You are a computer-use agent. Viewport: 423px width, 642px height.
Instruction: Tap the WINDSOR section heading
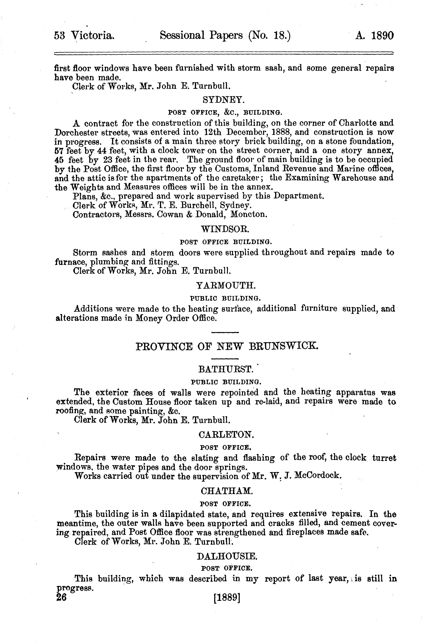[x=225, y=229]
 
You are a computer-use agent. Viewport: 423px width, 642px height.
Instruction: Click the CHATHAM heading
[x=227, y=491]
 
